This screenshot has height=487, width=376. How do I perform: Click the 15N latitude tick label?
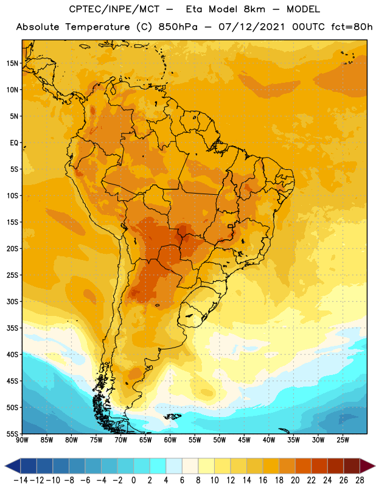[12, 63]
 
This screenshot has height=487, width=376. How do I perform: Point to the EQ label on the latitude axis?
[14, 143]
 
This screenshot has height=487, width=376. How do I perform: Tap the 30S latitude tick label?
[12, 301]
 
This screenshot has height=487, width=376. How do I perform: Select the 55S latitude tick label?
[12, 434]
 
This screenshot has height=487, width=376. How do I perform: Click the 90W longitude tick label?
[22, 440]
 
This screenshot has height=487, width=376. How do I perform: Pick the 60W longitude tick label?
[170, 440]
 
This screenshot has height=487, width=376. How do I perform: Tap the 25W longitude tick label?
[343, 440]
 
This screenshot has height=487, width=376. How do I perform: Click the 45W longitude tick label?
[244, 440]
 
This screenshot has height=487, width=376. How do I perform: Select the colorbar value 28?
[360, 480]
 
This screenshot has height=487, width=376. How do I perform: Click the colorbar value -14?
[21, 480]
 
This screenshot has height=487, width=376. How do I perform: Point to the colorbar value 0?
[133, 480]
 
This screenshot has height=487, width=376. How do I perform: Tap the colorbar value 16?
[263, 480]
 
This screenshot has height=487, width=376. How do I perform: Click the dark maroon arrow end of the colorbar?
[367, 466]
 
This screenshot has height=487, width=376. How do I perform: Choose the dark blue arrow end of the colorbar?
[13, 466]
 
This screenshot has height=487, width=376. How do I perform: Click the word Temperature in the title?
[97, 27]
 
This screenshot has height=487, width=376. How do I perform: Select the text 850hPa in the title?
[178, 27]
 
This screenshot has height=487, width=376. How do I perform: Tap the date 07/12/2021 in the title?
[251, 27]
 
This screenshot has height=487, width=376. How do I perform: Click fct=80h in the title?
[352, 27]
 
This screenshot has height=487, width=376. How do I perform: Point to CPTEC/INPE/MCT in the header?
[114, 9]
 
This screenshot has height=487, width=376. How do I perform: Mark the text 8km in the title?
[254, 9]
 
